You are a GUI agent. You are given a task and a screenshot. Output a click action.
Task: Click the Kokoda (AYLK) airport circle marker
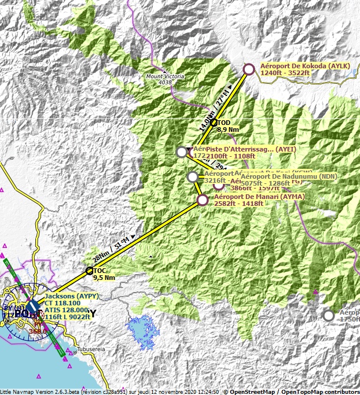(x=249, y=69)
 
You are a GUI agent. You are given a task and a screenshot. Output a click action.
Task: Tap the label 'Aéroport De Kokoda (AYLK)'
(x=304, y=66)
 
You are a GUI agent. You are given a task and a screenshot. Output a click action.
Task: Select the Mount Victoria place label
(x=165, y=76)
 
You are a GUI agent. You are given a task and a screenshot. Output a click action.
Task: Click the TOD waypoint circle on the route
(x=214, y=123)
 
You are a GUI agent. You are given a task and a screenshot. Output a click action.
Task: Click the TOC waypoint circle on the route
(x=90, y=271)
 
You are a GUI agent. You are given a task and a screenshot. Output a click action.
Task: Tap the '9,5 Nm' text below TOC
(x=104, y=278)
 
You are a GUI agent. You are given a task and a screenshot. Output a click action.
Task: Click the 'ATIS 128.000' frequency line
(x=67, y=310)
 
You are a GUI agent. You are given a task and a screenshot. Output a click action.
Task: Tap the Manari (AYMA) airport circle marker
(x=203, y=200)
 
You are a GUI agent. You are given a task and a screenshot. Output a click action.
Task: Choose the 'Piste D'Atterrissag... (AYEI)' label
(x=251, y=149)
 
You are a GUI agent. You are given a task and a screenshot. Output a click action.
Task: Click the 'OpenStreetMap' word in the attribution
(x=249, y=392)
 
